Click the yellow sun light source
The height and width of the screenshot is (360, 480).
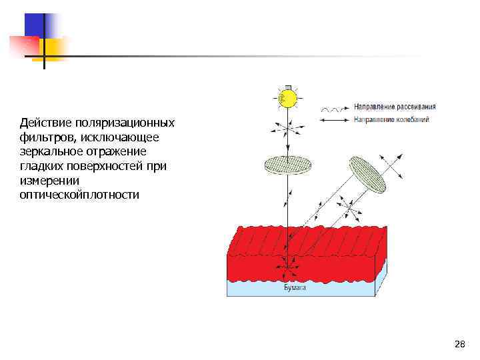pos(287,99)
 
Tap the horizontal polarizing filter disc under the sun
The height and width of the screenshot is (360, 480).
pos(288,164)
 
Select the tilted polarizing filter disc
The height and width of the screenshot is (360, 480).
pos(368,175)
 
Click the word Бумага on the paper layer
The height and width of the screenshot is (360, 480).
pos(295,287)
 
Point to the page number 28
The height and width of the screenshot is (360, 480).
pos(459,344)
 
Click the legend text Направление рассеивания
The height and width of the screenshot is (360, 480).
pos(395,107)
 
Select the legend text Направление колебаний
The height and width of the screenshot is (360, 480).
pos(391,120)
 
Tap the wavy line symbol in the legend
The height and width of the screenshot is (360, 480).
pos(335,108)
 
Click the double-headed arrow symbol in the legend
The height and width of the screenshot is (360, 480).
pos(335,121)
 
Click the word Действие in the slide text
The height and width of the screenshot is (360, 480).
pos(43,123)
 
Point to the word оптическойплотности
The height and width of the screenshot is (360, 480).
pos(80,195)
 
